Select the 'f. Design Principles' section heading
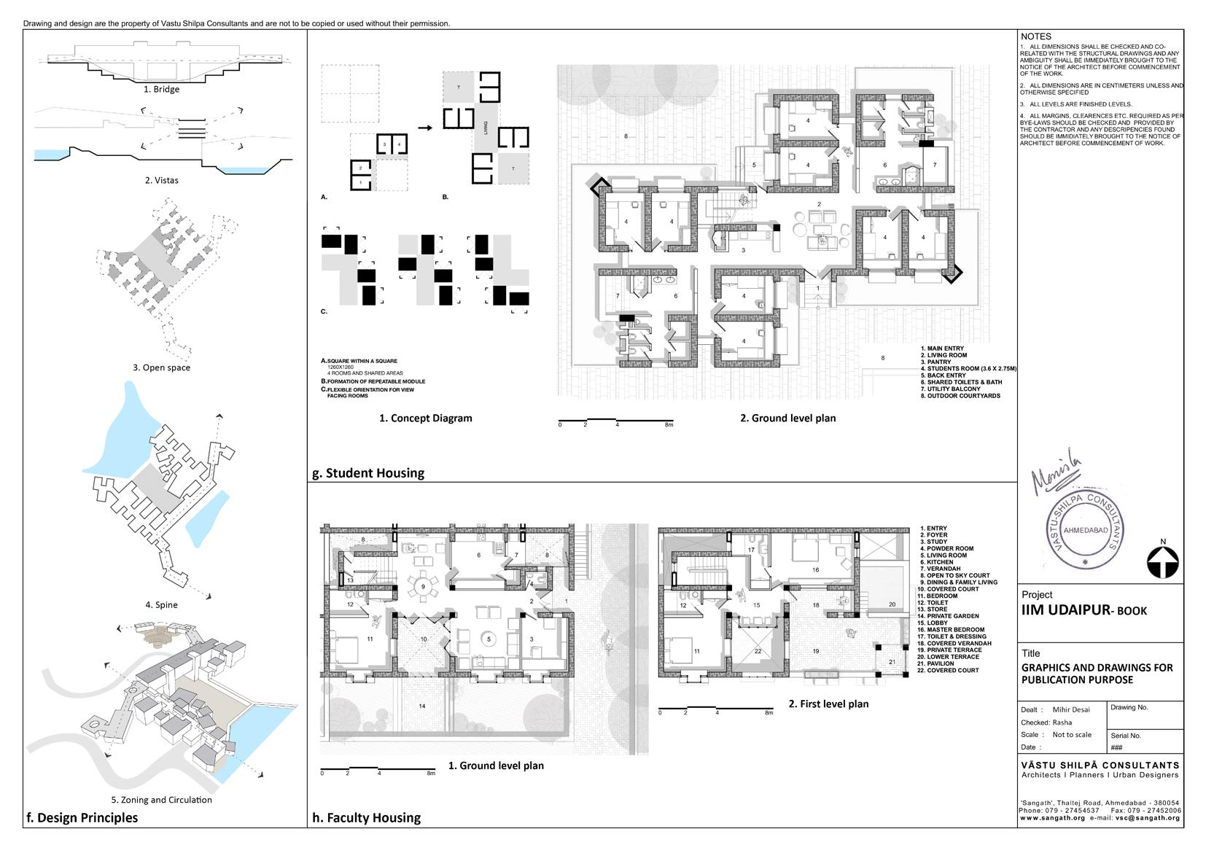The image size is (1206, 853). coord(81,817)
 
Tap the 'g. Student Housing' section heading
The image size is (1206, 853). coord(367,472)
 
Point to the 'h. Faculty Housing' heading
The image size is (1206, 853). coord(366,817)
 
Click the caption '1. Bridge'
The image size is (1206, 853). coord(161,89)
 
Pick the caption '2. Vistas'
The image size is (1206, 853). coord(161,180)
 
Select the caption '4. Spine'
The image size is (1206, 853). coord(161,604)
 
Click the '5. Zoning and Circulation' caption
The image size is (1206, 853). coord(161,800)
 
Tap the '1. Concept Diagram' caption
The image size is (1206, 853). coord(425,418)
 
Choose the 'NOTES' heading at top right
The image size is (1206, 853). coord(1035,36)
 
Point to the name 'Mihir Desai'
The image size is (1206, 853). coord(1071,709)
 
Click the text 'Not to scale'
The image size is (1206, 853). coord(1072,735)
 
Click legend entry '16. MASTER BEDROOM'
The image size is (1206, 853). coord(952,630)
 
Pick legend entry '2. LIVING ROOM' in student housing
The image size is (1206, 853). coord(944,355)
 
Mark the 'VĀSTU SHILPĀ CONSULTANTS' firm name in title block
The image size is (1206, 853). coord(1100,765)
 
